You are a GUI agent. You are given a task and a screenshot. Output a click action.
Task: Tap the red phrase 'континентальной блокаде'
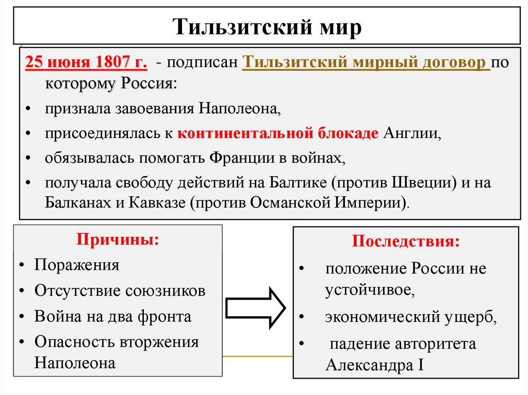[x=278, y=133]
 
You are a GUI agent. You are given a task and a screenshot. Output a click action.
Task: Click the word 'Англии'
[x=411, y=133]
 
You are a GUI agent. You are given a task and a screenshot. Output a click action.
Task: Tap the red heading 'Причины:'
[x=118, y=240]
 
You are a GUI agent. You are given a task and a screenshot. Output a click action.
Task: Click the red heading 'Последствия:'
[x=405, y=242]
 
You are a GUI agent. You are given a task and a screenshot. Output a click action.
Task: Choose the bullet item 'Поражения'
[x=77, y=265]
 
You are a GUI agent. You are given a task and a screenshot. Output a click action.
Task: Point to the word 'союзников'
[x=166, y=290]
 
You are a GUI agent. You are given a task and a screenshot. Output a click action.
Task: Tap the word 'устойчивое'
[x=369, y=290]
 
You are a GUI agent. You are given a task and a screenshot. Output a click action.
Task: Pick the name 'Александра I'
[x=375, y=365]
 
